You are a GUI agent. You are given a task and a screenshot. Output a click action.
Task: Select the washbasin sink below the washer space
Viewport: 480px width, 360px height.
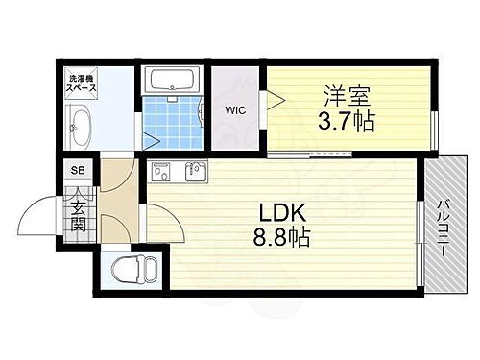click(79, 125)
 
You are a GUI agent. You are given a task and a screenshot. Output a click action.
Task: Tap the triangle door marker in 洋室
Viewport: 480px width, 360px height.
click(274, 98)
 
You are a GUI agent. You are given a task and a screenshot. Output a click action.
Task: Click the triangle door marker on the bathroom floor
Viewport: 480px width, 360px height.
click(151, 140)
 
